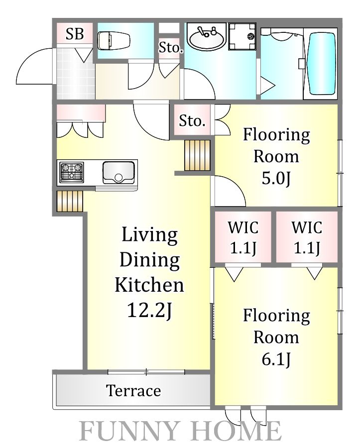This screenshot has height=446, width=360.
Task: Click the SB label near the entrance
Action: point(75,34)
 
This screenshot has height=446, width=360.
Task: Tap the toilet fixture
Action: point(114,40)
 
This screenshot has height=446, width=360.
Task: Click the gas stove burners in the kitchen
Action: point(71,172)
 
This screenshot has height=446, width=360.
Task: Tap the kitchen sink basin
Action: point(119,172)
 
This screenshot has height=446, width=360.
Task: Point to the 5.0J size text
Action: point(276,178)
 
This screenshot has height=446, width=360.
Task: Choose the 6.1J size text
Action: point(276,359)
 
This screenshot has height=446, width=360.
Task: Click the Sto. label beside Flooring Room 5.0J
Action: point(192,121)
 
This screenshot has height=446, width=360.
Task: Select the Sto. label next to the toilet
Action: point(170,47)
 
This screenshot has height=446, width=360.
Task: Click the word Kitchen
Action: point(149,285)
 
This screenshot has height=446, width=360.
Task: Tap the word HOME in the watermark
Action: point(239,431)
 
